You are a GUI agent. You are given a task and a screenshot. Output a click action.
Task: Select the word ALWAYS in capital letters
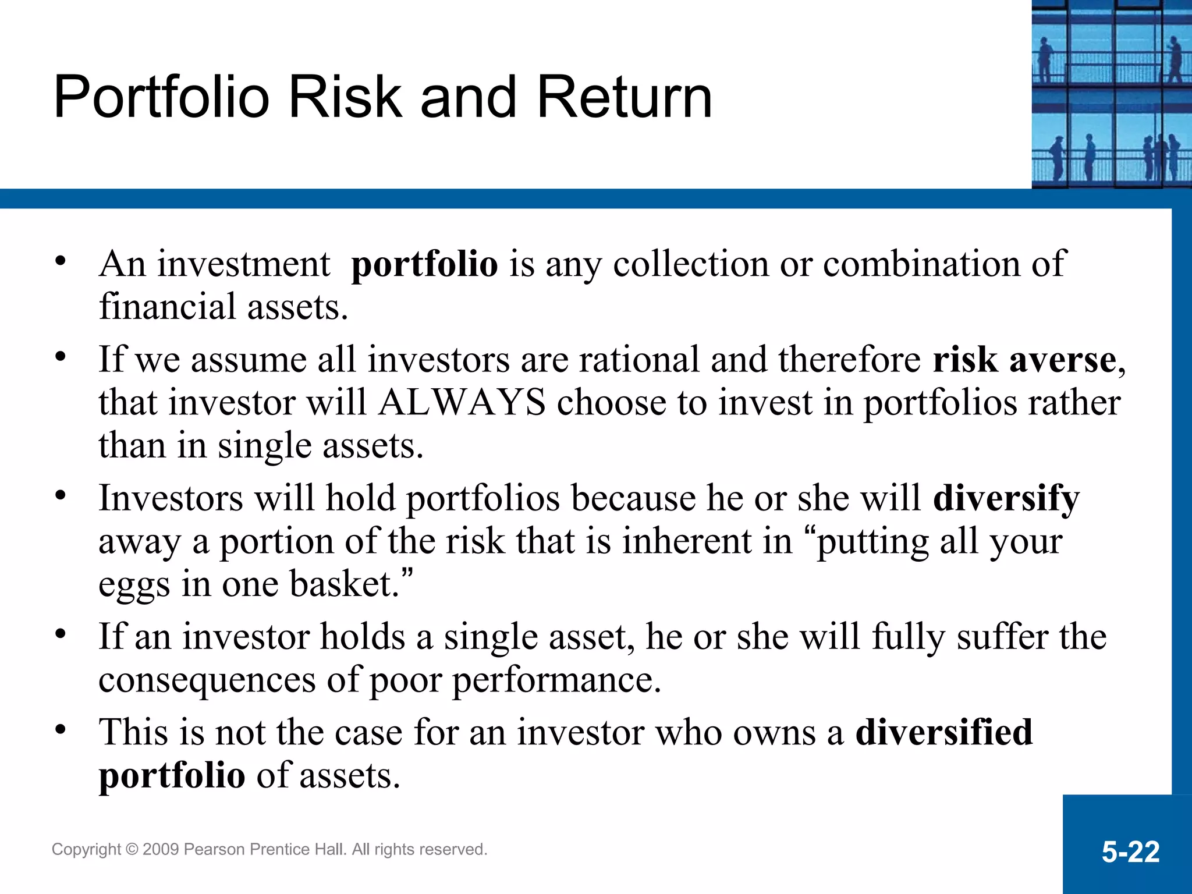[x=462, y=402]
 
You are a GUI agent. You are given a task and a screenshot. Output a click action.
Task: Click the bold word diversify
[x=1006, y=499]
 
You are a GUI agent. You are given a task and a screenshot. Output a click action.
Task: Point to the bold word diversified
[x=944, y=732]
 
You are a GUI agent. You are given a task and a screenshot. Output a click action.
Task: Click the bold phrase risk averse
[x=1024, y=359]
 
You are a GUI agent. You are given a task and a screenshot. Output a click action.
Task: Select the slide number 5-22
[x=1130, y=852]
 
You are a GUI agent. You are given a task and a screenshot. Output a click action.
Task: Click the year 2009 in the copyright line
[x=161, y=850]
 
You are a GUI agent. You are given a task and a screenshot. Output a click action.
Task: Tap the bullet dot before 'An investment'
[x=61, y=262]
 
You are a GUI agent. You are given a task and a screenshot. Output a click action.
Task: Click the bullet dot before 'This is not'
[x=61, y=730]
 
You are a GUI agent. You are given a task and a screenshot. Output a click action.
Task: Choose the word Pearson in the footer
[x=214, y=850]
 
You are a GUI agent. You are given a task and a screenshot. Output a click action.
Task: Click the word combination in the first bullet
[x=921, y=264]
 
